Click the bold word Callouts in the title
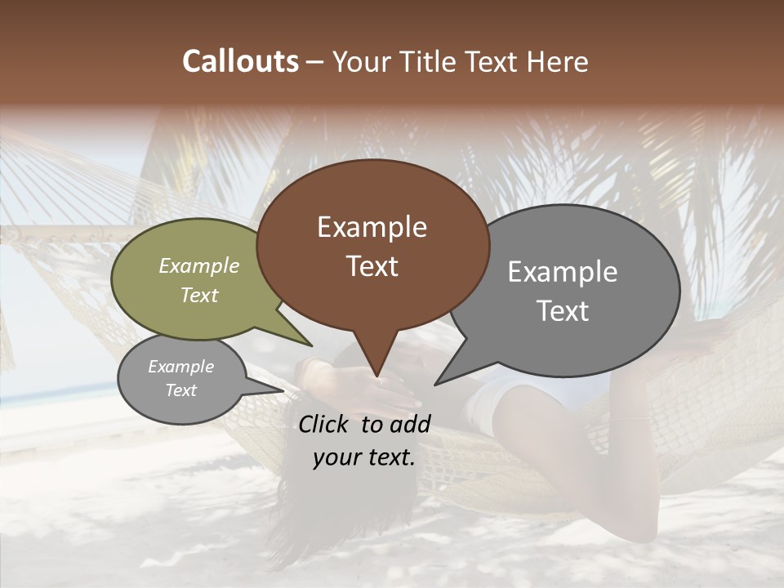pos(240,61)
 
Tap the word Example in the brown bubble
pos(372,227)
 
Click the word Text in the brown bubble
pos(372,266)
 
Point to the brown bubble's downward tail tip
pos(376,375)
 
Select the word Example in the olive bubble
pos(199,265)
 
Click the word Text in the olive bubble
pos(199,295)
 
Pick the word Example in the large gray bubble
pos(563,271)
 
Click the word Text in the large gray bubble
pos(563,311)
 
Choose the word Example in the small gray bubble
pos(180,367)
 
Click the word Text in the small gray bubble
pos(180,390)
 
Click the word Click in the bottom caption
pos(324,424)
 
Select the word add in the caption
pos(411,424)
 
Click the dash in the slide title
pos(316,61)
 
